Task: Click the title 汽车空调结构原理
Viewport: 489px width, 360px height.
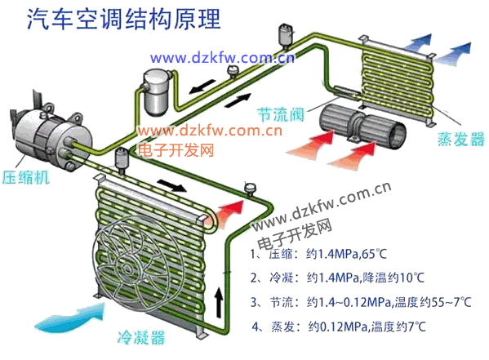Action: click(124, 19)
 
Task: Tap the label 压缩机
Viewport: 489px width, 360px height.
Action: click(26, 177)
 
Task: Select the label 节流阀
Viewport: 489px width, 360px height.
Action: click(281, 114)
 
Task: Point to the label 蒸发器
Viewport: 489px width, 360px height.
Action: click(461, 139)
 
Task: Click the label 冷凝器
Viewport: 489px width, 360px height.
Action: click(141, 337)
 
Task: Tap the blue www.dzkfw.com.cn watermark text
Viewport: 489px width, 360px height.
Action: click(222, 58)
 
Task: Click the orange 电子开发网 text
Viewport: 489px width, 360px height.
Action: click(176, 150)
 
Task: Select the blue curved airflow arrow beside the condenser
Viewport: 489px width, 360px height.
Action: click(70, 316)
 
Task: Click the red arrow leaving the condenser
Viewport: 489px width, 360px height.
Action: click(229, 212)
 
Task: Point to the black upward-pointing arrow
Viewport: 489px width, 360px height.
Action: click(220, 302)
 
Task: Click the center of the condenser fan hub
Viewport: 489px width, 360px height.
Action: click(127, 268)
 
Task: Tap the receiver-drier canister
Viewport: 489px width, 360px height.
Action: click(155, 92)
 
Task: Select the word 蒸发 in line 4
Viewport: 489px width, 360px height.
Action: click(282, 327)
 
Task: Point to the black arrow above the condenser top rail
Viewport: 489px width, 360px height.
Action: click(172, 185)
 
